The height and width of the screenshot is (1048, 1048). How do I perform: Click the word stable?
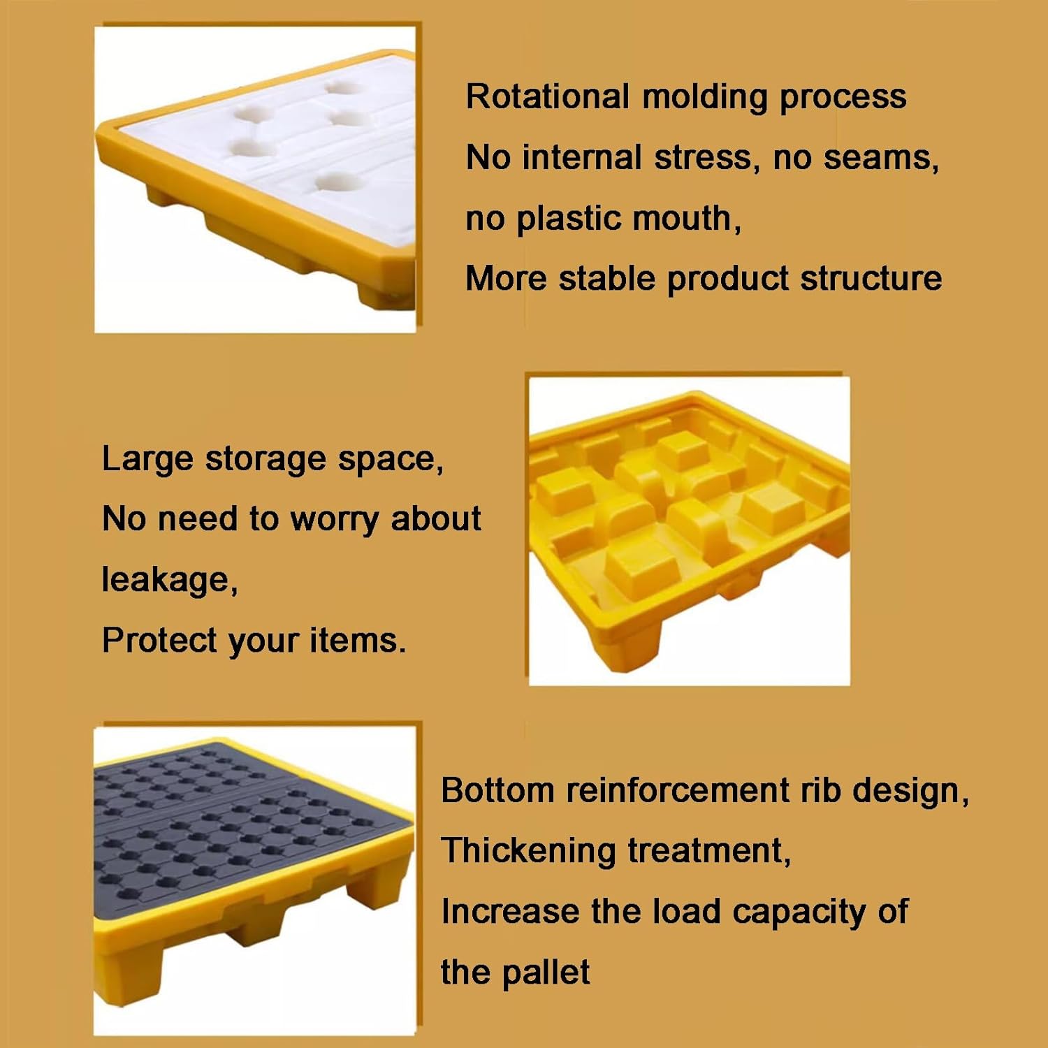(x=607, y=278)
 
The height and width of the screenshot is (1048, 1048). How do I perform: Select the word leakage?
(x=169, y=580)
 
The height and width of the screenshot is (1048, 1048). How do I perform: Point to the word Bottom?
(x=497, y=790)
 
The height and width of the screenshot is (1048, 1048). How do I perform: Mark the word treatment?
(x=708, y=852)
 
